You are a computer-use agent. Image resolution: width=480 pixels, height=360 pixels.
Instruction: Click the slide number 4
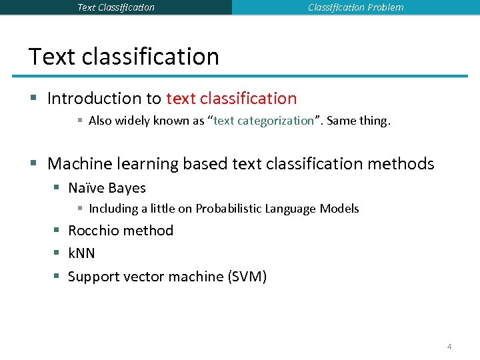click(x=449, y=347)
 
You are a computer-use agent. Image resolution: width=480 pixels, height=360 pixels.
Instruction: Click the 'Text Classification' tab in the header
click(x=116, y=7)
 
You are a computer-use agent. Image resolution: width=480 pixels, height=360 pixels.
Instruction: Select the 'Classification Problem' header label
click(x=355, y=7)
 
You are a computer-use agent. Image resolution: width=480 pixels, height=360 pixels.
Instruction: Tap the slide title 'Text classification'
click(x=124, y=57)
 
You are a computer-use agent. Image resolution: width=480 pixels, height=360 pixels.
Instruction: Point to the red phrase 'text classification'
click(x=231, y=99)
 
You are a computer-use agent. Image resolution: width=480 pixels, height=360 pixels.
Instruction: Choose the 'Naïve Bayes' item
click(x=107, y=188)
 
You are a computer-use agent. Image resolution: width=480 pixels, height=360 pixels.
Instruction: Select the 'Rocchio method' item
click(x=121, y=231)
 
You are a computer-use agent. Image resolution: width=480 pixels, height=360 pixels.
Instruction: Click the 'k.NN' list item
click(x=82, y=253)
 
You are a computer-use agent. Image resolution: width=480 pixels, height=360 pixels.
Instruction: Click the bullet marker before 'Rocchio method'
click(x=57, y=231)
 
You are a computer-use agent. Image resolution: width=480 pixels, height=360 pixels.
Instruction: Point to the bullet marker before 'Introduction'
click(x=34, y=99)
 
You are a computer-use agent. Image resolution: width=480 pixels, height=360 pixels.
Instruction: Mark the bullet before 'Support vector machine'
click(x=57, y=277)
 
